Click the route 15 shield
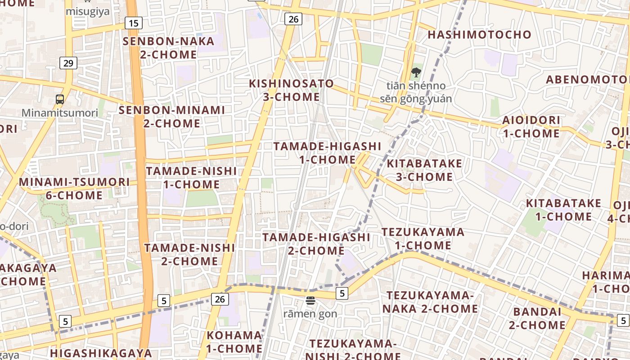[134, 23]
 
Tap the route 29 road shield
[68, 63]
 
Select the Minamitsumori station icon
[60, 99]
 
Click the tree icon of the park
[416, 72]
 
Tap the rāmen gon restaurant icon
[310, 301]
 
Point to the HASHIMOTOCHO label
[479, 35]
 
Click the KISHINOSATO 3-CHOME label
[292, 90]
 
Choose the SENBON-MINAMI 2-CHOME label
[171, 117]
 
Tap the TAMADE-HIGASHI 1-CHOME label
[327, 153]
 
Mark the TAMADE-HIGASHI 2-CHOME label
[316, 243]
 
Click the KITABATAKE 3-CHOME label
[424, 170]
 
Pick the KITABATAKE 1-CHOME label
[563, 210]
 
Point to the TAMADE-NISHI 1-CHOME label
[191, 178]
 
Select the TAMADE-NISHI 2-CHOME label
[189, 254]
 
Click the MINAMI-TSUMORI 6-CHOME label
[74, 189]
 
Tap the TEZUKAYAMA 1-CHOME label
[423, 238]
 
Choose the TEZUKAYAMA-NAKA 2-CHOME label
[430, 302]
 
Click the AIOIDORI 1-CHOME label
[531, 127]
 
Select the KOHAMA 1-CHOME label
[234, 342]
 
